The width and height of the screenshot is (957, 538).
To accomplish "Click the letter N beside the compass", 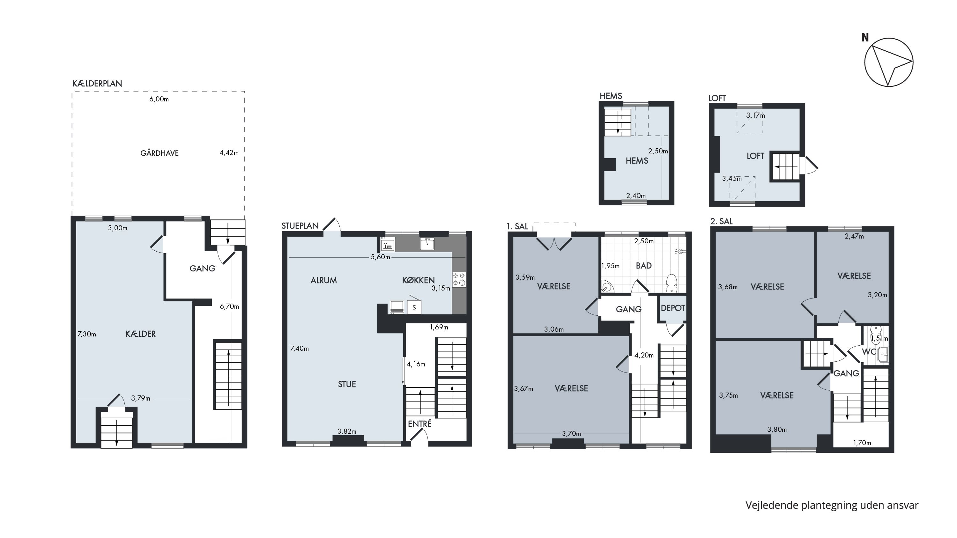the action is (x=865, y=38).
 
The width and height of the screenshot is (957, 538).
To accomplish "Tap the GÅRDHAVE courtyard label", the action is (x=159, y=153).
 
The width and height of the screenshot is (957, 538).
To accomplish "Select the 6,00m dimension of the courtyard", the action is (x=159, y=99).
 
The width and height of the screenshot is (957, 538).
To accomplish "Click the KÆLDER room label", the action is (x=140, y=334).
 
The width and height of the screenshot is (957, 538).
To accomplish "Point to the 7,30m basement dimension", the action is (x=86, y=334).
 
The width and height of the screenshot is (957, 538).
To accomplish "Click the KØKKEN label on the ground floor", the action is (x=418, y=280).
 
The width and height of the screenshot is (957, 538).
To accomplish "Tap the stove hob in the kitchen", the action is (x=459, y=280).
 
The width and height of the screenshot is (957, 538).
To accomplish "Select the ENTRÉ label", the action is (x=420, y=424).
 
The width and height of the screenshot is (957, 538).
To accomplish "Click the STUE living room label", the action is (x=347, y=384).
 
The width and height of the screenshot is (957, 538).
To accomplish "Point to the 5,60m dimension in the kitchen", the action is (x=381, y=257).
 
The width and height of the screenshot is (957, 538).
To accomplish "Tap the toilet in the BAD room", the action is (x=671, y=283).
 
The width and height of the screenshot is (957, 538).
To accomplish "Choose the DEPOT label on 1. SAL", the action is (x=673, y=308).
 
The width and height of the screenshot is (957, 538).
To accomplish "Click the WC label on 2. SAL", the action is (x=869, y=351).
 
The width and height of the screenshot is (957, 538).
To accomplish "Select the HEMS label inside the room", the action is (x=637, y=161).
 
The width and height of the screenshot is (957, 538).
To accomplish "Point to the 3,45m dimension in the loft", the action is (x=732, y=179).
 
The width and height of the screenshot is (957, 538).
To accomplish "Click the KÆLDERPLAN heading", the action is (x=97, y=84).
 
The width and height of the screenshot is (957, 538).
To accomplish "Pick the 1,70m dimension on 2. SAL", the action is (x=862, y=443).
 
